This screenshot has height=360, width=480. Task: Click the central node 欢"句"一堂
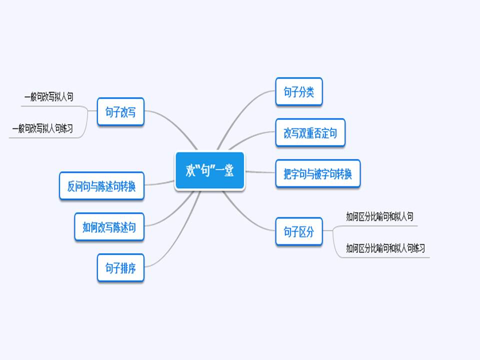click(x=209, y=171)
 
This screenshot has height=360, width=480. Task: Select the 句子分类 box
click(x=298, y=92)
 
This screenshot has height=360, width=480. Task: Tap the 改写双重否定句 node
click(x=310, y=133)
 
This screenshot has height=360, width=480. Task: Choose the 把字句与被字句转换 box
click(x=317, y=174)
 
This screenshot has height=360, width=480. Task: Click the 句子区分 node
click(x=298, y=231)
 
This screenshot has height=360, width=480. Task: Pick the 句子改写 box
click(x=120, y=112)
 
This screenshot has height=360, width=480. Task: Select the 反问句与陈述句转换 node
click(x=101, y=186)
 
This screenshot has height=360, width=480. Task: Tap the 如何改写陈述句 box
click(x=109, y=227)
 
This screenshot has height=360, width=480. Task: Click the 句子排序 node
click(x=120, y=268)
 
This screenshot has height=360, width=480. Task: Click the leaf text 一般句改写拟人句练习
click(x=43, y=128)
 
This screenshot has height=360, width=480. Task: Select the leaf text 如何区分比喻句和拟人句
click(x=379, y=216)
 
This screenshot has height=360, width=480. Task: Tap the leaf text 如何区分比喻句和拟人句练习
click(x=385, y=247)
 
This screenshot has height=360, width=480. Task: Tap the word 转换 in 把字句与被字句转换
click(x=344, y=174)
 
